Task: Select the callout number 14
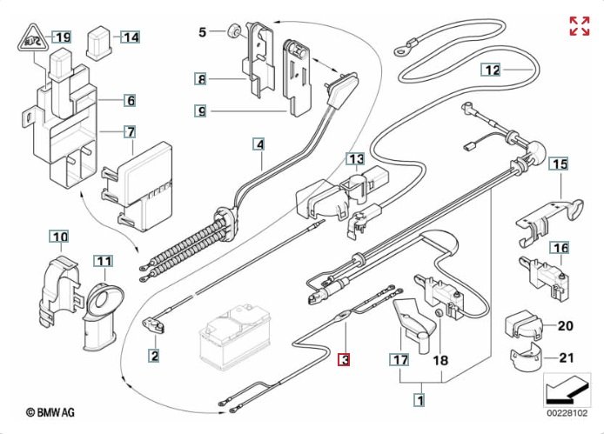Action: [130, 37]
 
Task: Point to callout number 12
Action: [493, 69]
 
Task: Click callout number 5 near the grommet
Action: [203, 32]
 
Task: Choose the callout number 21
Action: [567, 357]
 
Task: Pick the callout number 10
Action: [59, 237]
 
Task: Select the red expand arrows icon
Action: [579, 26]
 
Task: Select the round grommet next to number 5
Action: [232, 33]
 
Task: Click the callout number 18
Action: [440, 358]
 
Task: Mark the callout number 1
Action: [419, 400]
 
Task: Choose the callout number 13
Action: [356, 159]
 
